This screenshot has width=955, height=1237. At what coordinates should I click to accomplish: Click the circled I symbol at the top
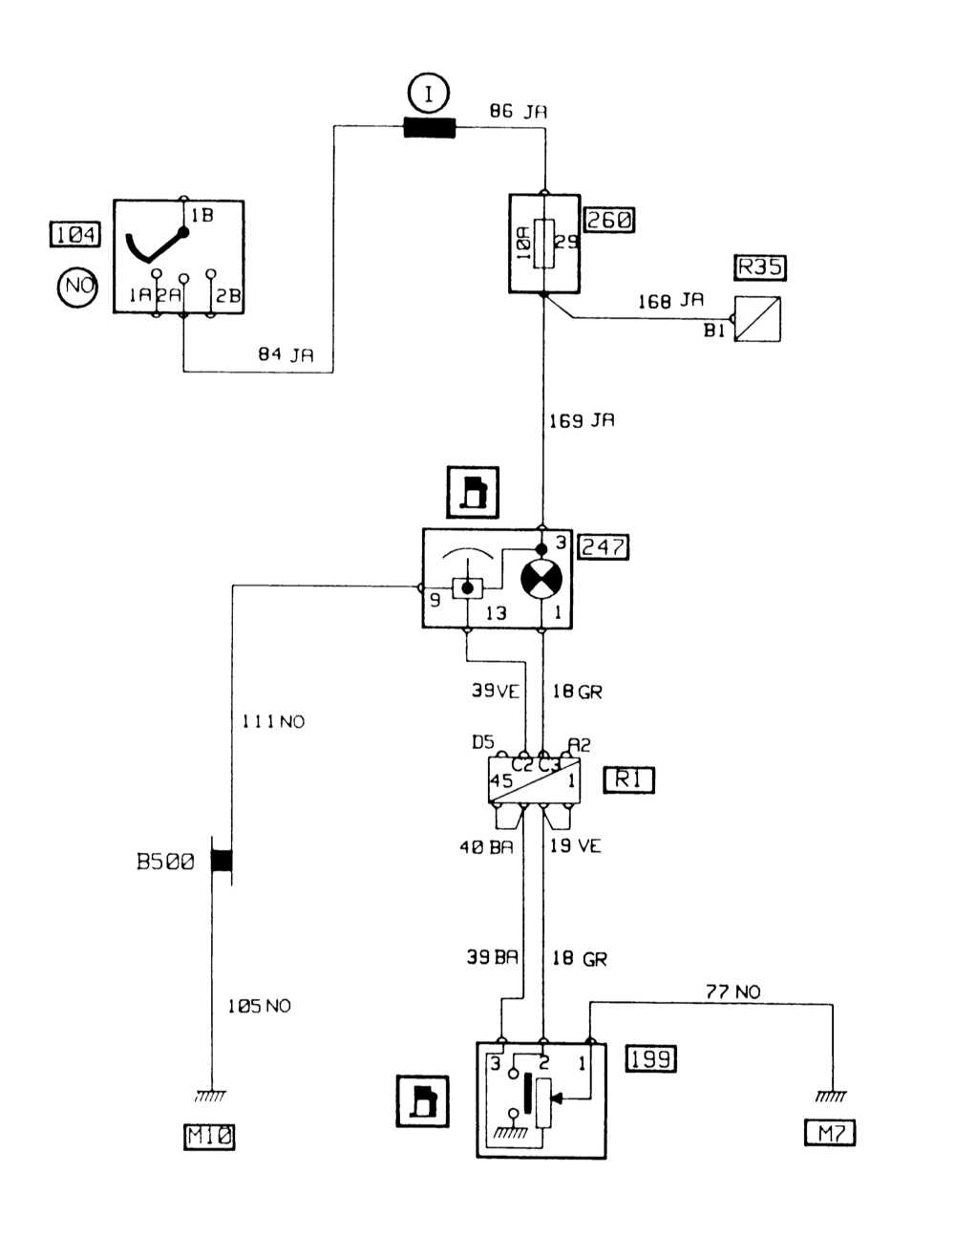(429, 94)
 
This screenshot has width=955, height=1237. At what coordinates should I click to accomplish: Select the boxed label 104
(74, 234)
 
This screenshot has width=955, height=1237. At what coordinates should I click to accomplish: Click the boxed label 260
(609, 220)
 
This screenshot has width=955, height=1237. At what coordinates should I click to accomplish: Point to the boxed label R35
(760, 267)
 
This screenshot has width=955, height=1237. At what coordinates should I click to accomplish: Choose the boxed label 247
(604, 546)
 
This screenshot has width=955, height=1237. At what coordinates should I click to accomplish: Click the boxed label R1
(628, 779)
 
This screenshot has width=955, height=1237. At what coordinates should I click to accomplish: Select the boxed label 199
(651, 1058)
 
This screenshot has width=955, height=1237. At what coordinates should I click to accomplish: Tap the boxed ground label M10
(209, 1136)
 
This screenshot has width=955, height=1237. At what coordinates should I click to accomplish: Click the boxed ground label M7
(830, 1133)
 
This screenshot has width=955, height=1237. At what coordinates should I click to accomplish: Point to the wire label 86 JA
(518, 112)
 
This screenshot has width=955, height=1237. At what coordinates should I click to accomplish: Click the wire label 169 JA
(582, 420)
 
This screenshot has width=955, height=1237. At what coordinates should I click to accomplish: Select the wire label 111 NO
(272, 722)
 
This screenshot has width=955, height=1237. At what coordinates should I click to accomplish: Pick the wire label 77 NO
(732, 992)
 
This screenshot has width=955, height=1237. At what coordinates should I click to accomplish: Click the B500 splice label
(165, 862)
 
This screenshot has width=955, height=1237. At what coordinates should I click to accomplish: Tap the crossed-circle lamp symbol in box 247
(541, 580)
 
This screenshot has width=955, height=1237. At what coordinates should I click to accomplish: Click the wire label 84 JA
(286, 355)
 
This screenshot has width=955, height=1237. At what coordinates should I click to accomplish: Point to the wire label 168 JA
(670, 301)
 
